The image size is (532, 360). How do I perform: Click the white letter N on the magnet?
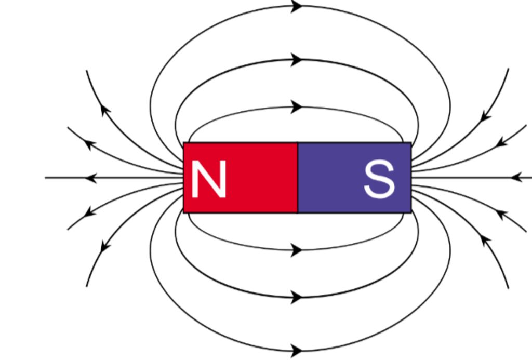click(208, 179)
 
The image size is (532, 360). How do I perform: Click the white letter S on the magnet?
click(379, 179)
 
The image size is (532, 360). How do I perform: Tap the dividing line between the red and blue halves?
click(298, 178)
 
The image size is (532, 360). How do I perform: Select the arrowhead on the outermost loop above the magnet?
click(297, 7)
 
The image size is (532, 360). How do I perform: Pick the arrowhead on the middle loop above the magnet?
click(297, 59)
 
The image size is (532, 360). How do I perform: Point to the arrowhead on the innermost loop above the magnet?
click(297, 107)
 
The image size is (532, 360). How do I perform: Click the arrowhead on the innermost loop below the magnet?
click(297, 250)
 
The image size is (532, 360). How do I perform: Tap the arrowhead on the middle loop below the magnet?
click(297, 297)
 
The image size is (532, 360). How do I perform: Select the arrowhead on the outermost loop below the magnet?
click(297, 350)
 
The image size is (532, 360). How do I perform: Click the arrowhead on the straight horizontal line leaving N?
click(91, 178)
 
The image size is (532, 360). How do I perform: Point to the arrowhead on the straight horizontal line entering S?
click(516, 178)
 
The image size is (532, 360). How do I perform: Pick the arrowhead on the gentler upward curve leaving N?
click(90, 144)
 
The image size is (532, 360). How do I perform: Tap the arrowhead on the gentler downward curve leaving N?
click(90, 211)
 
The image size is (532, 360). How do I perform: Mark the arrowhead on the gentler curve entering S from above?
click(501, 142)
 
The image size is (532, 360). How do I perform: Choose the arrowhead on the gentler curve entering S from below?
click(501, 214)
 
